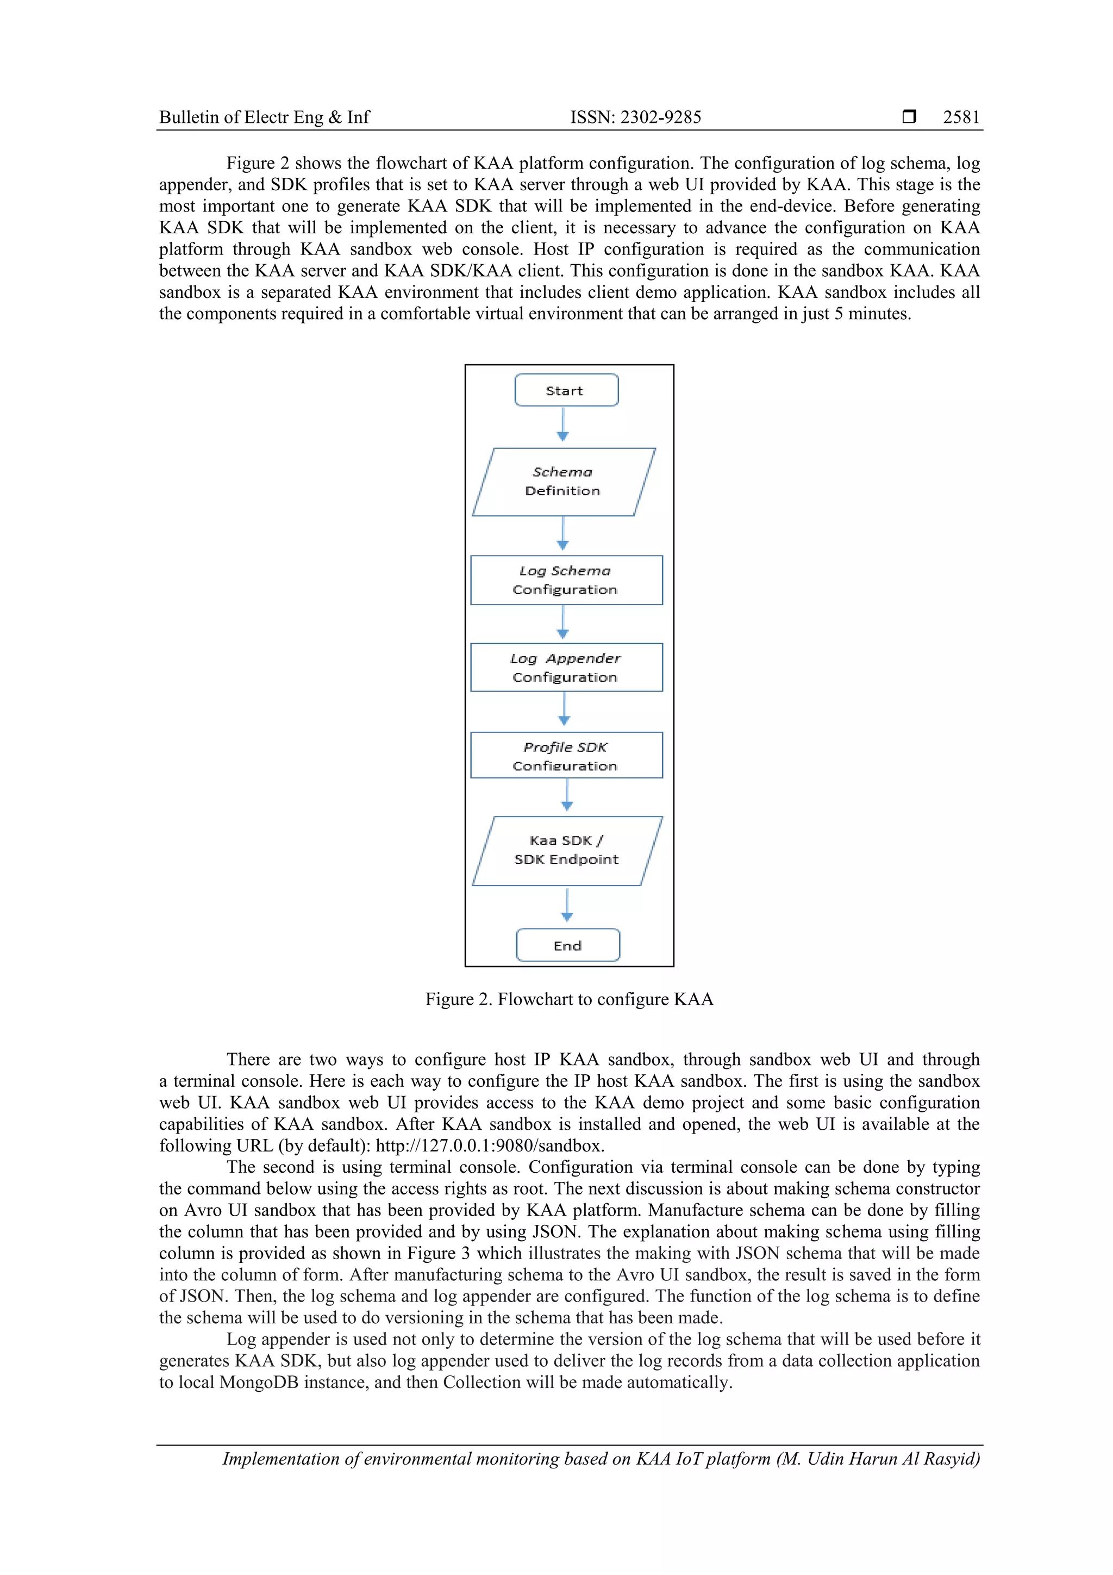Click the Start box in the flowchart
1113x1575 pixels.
click(566, 390)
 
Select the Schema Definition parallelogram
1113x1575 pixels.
click(563, 482)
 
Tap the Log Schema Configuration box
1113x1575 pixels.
click(566, 580)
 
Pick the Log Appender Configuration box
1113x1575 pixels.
click(566, 668)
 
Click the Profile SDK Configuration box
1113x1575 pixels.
click(566, 755)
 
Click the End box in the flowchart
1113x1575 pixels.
click(568, 945)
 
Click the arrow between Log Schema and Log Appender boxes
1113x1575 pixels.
click(563, 623)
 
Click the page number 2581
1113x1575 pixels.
click(961, 117)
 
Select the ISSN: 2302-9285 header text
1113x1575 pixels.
click(636, 117)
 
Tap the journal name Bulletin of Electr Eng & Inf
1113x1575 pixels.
click(264, 117)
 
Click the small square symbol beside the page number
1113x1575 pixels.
click(909, 116)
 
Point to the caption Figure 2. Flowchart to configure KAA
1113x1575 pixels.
click(569, 999)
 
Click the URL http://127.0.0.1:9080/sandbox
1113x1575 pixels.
click(490, 1146)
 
